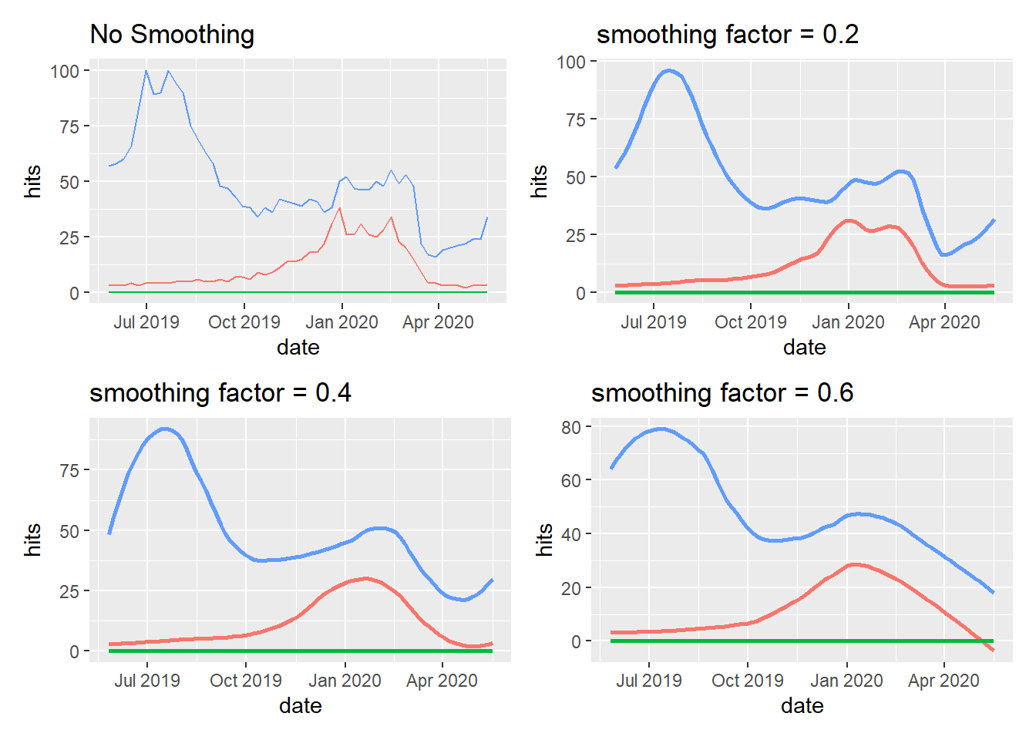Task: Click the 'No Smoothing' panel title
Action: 172,35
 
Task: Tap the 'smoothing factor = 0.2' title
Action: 727,35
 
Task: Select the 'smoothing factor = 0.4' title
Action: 220,393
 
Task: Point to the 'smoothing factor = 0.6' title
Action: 722,393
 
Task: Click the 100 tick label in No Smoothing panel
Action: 65,72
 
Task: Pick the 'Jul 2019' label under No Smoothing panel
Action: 146,322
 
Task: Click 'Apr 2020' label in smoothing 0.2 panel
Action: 944,322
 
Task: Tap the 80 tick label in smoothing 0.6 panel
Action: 571,428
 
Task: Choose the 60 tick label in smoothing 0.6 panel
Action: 571,481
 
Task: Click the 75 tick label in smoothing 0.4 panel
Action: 69,471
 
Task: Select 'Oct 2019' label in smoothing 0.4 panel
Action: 246,681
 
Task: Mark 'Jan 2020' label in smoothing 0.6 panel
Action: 846,681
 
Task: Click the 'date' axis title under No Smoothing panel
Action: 298,348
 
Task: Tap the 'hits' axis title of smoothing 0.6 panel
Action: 544,540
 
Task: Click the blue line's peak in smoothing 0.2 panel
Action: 669,71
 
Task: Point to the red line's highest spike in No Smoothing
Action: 340,208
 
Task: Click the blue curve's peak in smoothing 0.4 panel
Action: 165,429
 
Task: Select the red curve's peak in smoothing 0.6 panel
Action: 854,564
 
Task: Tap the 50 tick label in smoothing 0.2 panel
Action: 576,178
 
